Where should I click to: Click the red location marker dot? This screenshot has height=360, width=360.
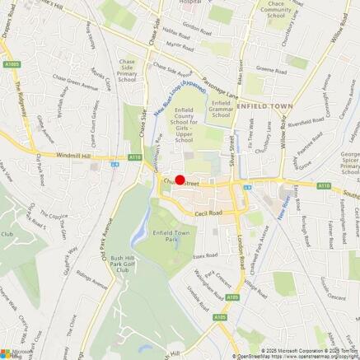(x=180, y=180)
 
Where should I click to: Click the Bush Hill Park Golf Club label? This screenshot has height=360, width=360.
(x=128, y=264)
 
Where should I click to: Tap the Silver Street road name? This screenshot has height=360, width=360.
(x=233, y=153)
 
